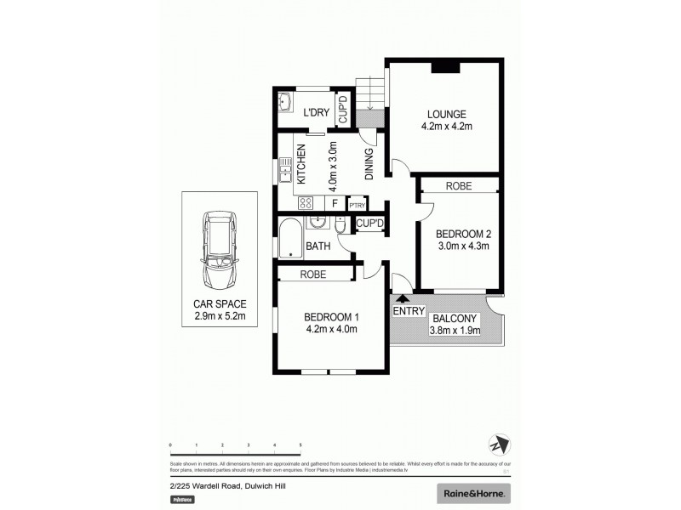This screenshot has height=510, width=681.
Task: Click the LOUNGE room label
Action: pyautogui.click(x=446, y=115)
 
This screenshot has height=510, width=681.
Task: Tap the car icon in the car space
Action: pyautogui.click(x=220, y=249)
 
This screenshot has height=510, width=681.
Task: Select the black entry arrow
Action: pyautogui.click(x=403, y=297)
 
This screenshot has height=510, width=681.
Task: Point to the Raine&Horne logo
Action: pyautogui.click(x=474, y=493)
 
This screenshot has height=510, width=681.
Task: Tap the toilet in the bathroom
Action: pyautogui.click(x=340, y=229)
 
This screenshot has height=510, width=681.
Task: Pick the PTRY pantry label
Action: pyautogui.click(x=358, y=205)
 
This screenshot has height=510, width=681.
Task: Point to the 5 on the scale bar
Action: pyautogui.click(x=300, y=445)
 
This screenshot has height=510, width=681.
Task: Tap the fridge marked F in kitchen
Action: pyautogui.click(x=335, y=204)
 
